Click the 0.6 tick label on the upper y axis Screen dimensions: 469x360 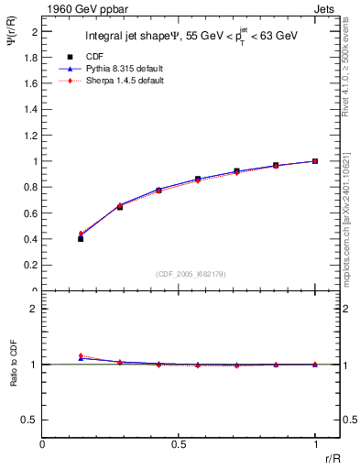click(x=31, y=213)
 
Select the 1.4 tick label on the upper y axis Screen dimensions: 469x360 click(x=31, y=109)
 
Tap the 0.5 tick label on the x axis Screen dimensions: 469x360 click(x=179, y=444)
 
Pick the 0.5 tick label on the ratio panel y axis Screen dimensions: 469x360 click(x=30, y=420)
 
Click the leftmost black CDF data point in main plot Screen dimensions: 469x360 click(x=81, y=238)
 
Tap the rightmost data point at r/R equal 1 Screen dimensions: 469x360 click(x=315, y=161)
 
